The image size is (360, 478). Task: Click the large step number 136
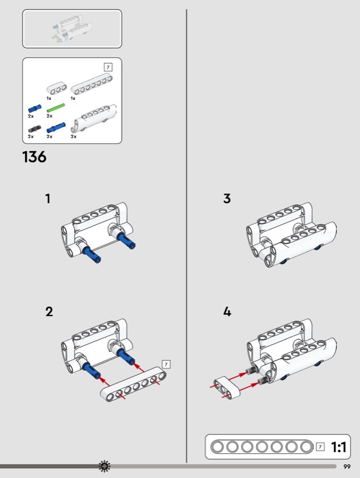(35, 157)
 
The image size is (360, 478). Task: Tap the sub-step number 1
(48, 198)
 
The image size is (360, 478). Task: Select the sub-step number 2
(49, 311)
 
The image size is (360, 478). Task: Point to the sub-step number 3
(227, 198)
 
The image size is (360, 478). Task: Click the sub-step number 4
(227, 311)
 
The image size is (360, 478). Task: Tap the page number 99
(347, 467)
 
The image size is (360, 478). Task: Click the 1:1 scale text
(339, 447)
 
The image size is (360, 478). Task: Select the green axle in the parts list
(56, 108)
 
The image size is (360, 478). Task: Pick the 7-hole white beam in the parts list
(92, 84)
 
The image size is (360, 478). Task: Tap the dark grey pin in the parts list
(35, 129)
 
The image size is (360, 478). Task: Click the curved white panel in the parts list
(94, 118)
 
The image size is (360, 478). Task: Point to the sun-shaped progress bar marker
(105, 466)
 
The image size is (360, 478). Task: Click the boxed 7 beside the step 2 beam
(166, 364)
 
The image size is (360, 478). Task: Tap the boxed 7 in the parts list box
(108, 67)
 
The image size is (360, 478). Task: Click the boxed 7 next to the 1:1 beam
(320, 447)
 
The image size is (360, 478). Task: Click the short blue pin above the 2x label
(35, 108)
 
